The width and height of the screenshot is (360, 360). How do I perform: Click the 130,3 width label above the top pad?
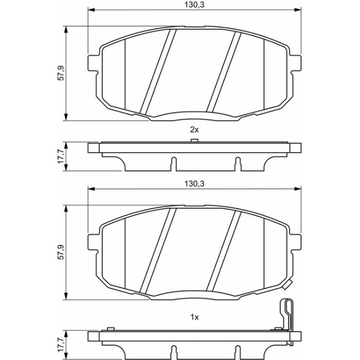[x=194, y=5]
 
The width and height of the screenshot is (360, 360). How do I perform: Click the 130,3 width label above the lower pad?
[x=194, y=184]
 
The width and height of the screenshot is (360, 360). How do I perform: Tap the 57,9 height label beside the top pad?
[x=61, y=73]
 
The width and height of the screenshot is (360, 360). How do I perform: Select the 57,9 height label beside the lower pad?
[x=61, y=252]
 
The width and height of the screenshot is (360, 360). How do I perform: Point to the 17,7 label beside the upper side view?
[x=61, y=156]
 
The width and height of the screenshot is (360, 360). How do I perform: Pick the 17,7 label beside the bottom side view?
[x=61, y=345]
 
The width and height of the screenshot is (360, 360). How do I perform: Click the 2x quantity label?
[x=194, y=130]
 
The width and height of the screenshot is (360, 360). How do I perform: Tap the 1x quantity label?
[x=194, y=317]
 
